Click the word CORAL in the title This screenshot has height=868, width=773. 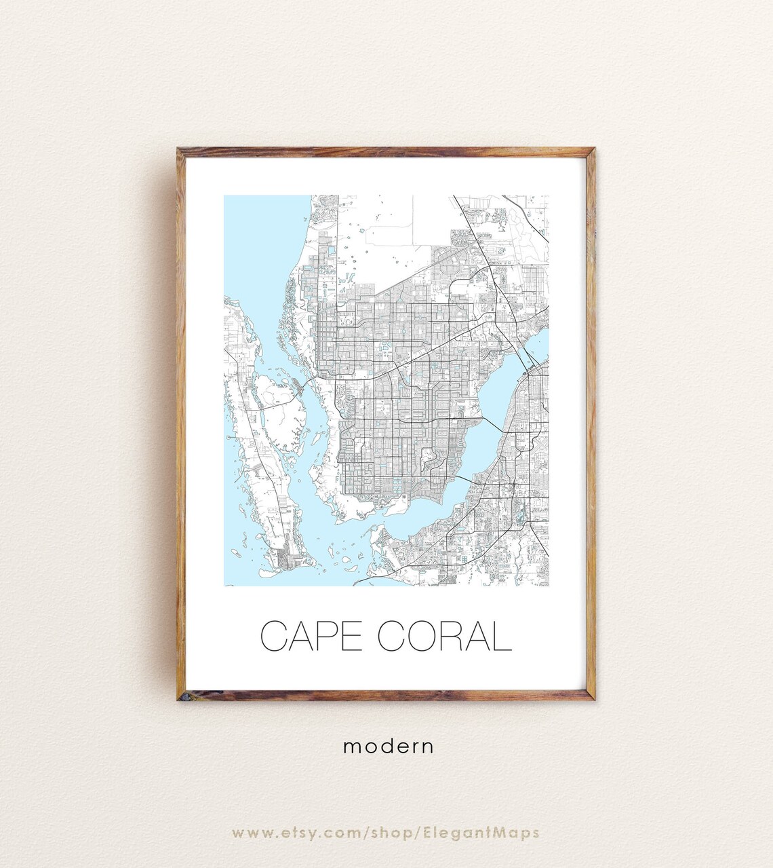[443, 636]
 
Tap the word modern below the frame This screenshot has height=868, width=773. [388, 747]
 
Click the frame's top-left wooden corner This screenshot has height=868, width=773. [181, 152]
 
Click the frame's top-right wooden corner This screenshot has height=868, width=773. [591, 152]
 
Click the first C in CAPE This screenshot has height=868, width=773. [274, 636]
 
